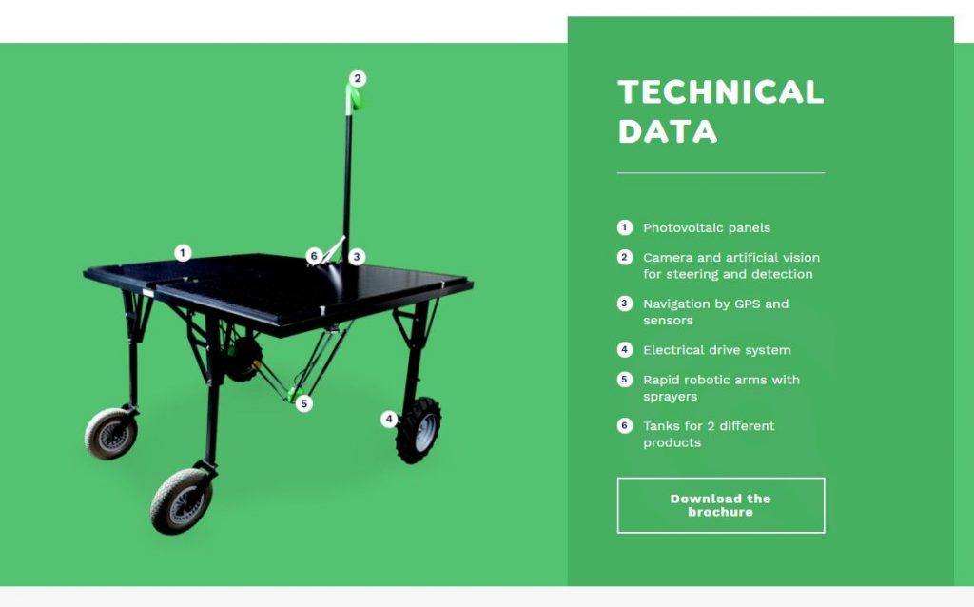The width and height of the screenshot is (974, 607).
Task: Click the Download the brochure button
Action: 721,505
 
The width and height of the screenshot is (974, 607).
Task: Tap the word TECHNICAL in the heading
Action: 721,92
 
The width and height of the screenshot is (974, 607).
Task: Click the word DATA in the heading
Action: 668,131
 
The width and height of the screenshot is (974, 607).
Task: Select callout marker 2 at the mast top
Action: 358,78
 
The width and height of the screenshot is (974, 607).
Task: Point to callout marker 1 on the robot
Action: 183,253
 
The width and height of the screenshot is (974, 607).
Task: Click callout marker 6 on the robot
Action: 314,256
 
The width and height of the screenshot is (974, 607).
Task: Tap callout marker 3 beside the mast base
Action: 357,257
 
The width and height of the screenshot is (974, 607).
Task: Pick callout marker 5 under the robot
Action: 303,403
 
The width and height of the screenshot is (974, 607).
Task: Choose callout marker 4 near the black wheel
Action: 389,419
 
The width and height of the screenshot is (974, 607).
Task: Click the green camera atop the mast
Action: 355,99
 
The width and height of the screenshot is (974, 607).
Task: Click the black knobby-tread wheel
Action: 419,430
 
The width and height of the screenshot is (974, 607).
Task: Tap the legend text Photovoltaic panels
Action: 707,228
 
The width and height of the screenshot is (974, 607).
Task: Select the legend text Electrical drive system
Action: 717,350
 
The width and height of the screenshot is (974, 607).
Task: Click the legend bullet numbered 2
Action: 625,257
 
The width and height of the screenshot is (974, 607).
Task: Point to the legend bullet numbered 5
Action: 625,379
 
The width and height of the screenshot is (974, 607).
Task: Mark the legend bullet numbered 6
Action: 625,425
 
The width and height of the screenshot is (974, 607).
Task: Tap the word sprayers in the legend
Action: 671,397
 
